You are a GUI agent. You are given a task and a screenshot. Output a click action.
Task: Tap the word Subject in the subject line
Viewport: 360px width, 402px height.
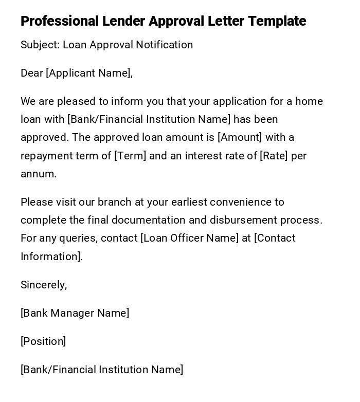[x=39, y=45]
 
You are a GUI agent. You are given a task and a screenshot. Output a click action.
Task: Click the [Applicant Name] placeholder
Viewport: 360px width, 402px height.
[x=89, y=73]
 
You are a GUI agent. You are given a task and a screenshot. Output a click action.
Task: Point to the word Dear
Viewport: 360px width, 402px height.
[x=31, y=73]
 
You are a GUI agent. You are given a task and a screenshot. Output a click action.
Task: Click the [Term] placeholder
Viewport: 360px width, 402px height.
[x=130, y=156]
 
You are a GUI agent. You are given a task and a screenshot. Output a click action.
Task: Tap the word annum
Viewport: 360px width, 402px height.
[x=38, y=174]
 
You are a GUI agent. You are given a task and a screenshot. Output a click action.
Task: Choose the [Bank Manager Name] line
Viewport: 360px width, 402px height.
[x=75, y=313]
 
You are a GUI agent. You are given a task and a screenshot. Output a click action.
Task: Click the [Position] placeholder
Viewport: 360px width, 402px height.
[x=43, y=341]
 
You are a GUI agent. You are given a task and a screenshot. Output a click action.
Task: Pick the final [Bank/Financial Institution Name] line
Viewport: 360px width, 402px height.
[x=102, y=370]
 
